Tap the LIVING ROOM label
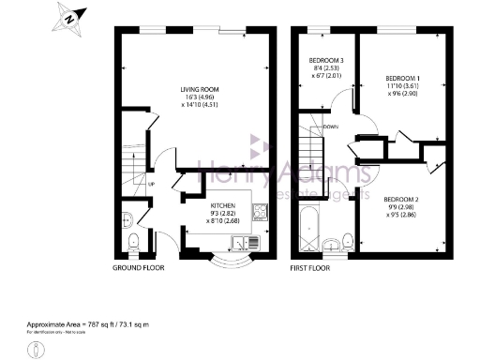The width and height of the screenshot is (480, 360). tap(199, 91)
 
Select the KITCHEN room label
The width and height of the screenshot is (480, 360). tap(223, 205)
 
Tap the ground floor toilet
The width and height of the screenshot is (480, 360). tap(132, 243)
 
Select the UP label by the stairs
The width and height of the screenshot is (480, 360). tap(151, 184)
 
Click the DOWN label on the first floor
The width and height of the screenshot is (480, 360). tap(330, 127)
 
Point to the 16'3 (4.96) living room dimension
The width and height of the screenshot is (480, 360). tap(199, 98)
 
